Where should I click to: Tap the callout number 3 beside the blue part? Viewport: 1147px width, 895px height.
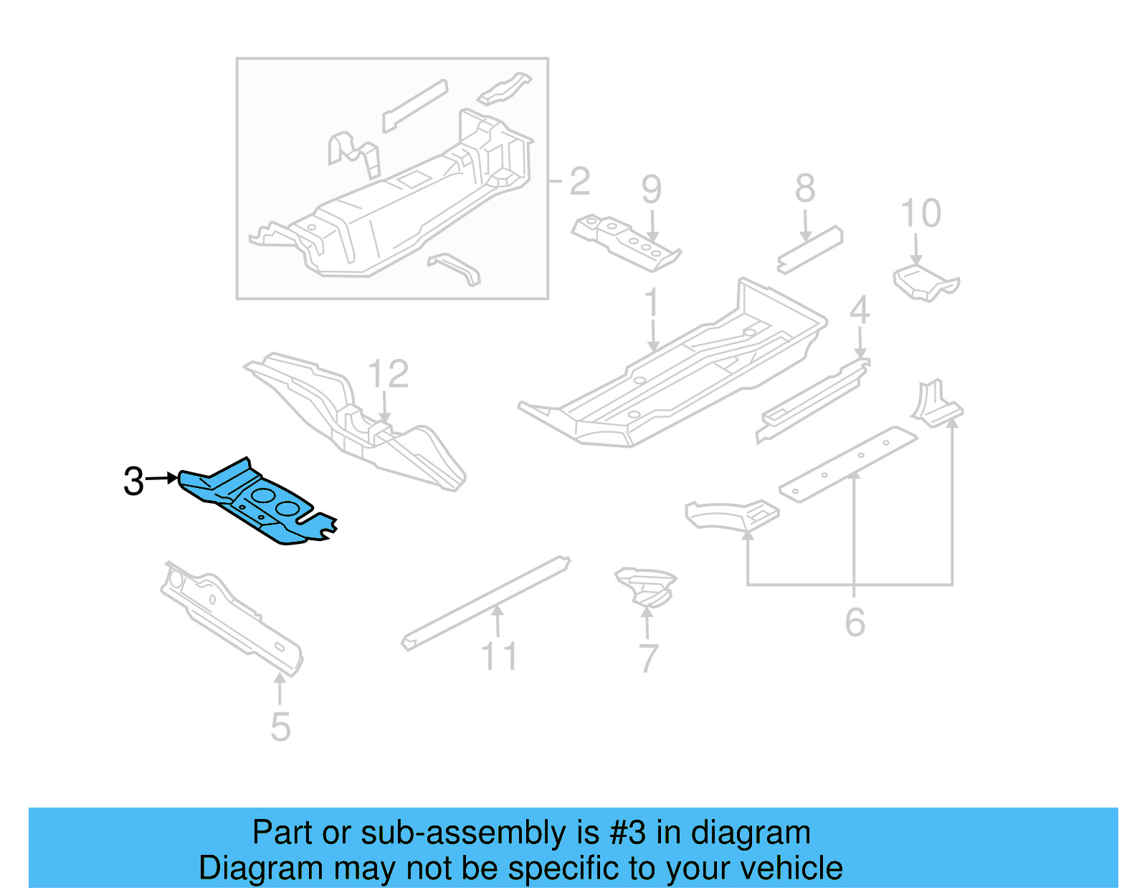(133, 481)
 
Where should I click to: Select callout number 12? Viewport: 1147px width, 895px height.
(388, 374)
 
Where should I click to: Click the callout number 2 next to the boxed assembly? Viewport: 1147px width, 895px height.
(579, 181)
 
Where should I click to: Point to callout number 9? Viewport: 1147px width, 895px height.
(652, 189)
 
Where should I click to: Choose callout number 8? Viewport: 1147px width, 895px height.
(805, 188)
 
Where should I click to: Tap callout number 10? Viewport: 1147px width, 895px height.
(920, 213)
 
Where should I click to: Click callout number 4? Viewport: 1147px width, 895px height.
(860, 310)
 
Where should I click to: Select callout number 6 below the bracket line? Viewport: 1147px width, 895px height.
(855, 622)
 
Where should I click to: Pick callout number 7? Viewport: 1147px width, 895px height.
(649, 659)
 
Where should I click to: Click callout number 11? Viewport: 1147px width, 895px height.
(499, 656)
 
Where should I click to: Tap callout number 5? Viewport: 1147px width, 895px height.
(280, 727)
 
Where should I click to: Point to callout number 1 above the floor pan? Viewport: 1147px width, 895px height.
(652, 302)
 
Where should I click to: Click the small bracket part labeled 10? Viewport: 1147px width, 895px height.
(925, 283)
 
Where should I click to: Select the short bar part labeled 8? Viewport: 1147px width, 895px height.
(809, 249)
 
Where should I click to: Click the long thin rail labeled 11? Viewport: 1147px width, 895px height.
(485, 603)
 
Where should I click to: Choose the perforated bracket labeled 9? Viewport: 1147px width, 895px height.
(627, 242)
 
